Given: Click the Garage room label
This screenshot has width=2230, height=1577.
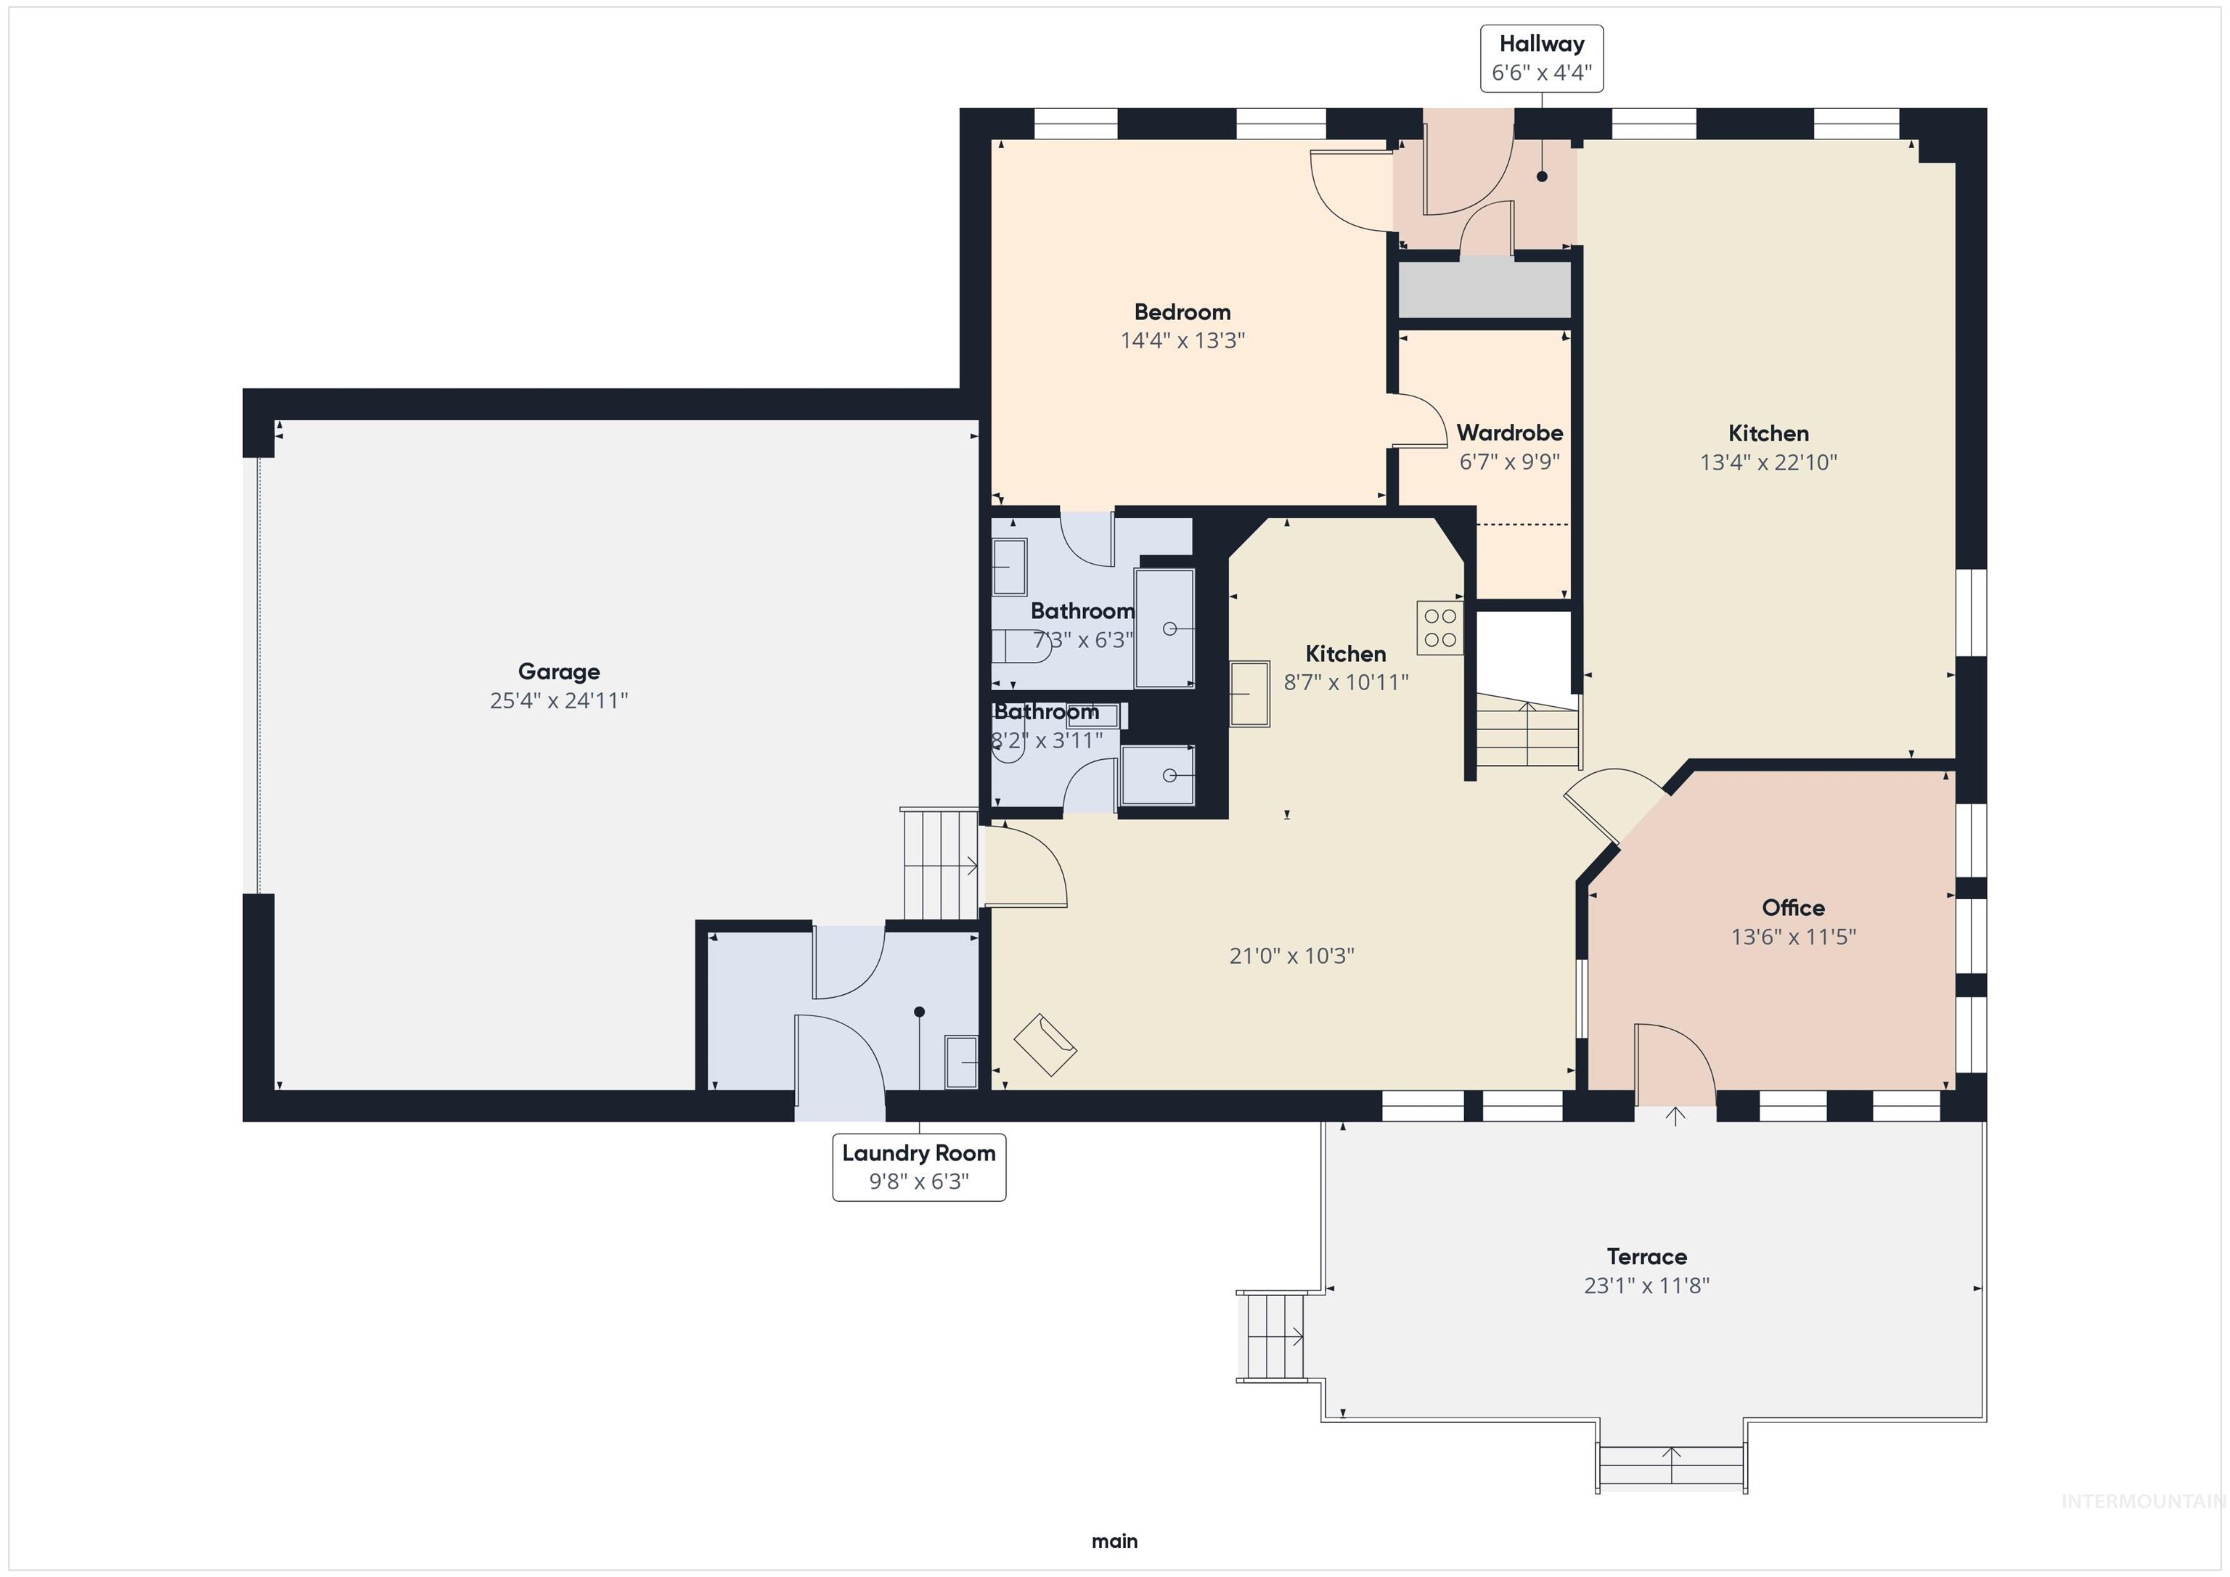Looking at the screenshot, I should [x=558, y=671].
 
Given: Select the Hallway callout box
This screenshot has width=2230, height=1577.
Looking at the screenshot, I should [x=1541, y=58].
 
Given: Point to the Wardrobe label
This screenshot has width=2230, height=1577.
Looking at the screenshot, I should [x=1509, y=433].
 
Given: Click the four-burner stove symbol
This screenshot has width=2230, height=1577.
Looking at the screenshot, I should [x=1440, y=627].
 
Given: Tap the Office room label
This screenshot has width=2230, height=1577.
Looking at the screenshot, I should [x=1793, y=908].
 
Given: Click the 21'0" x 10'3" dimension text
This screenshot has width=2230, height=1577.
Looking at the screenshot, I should [x=1292, y=957].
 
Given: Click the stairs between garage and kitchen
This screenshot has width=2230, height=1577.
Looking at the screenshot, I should [x=939, y=864].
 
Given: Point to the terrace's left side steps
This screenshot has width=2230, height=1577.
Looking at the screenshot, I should [x=1271, y=1336].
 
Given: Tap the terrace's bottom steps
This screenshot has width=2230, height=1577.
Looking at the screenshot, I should [x=1670, y=1465].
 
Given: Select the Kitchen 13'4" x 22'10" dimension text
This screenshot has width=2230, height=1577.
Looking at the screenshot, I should [x=1768, y=463].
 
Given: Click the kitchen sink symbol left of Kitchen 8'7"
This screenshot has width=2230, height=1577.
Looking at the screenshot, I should [x=1250, y=693].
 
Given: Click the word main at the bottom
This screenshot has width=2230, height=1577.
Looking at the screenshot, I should [x=1114, y=1541].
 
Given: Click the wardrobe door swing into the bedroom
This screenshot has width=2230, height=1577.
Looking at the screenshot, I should [x=1420, y=420].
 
